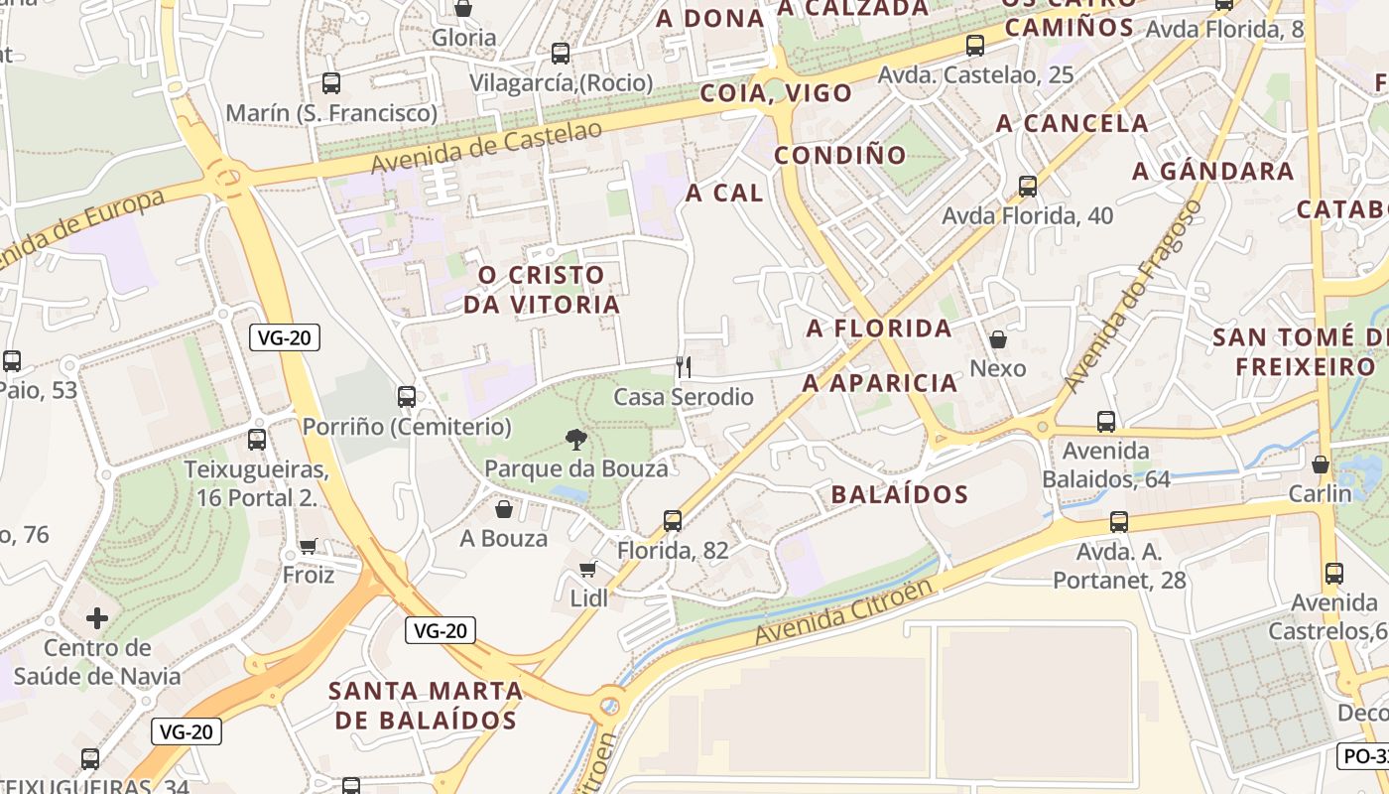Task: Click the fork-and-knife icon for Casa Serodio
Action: [x=683, y=368]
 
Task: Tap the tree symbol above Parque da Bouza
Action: [x=575, y=439]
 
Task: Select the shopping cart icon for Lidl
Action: [x=588, y=569]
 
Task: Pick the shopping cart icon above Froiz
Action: [x=309, y=546]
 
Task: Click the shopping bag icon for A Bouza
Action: [x=504, y=509]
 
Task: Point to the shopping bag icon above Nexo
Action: [x=998, y=339]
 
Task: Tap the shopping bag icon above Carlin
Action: [x=1321, y=463]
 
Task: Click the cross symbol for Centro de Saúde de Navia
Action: [x=97, y=619]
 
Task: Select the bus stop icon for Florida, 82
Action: [x=673, y=520]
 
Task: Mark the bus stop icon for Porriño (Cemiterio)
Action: [x=407, y=397]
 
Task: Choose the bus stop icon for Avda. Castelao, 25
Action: [x=975, y=45]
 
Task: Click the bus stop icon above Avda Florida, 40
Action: [x=1028, y=186]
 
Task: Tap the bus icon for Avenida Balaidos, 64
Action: [x=1106, y=422]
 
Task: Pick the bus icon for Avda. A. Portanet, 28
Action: [x=1119, y=521]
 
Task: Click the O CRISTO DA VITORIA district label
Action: [x=541, y=290]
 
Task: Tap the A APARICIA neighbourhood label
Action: [x=880, y=383]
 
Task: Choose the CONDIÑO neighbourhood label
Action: [x=840, y=155]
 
